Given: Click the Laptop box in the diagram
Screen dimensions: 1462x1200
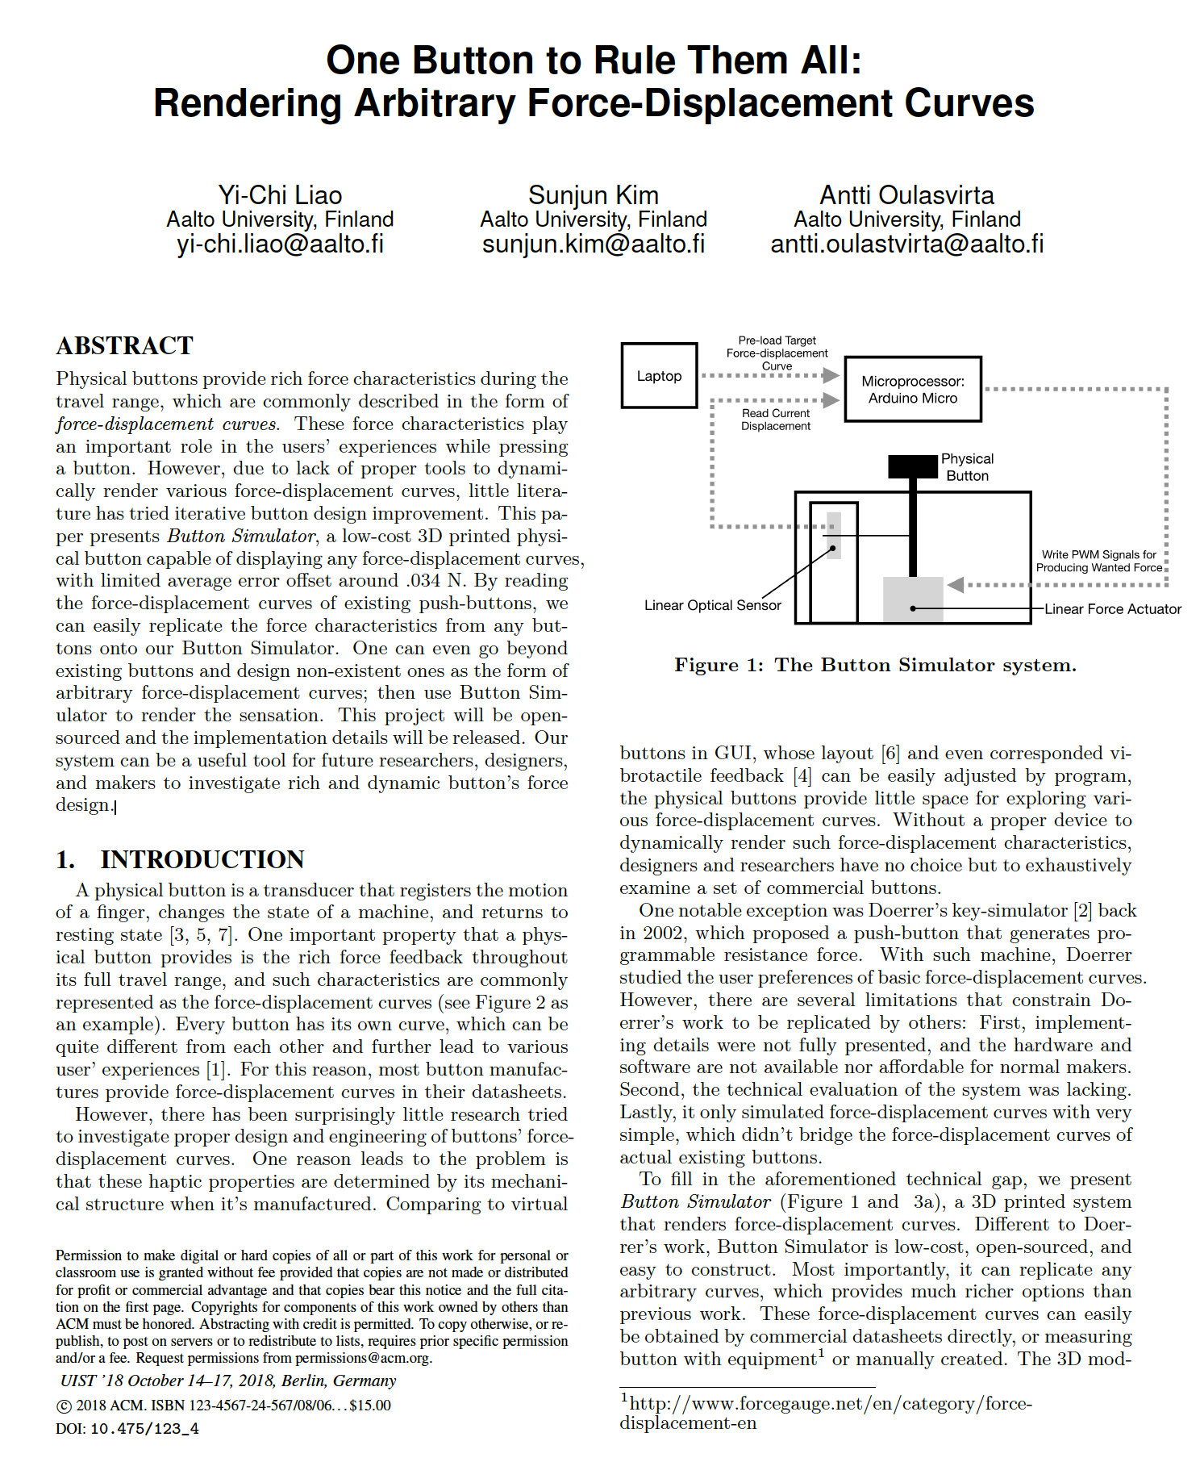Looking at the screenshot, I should tap(659, 376).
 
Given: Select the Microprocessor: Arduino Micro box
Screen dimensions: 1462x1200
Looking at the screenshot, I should tap(912, 390).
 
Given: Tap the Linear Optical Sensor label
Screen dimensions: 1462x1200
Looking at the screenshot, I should tap(712, 605).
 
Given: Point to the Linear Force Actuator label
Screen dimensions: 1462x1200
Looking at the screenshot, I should tap(1112, 609).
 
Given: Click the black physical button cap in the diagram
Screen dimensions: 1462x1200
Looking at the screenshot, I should tap(913, 466).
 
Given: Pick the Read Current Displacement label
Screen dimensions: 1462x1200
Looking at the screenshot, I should tap(775, 420).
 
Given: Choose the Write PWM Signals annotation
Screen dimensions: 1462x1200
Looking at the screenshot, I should tap(1098, 561).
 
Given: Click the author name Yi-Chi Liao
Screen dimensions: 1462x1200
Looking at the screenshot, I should tap(280, 195).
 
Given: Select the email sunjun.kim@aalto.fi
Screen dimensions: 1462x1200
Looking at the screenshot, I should tap(593, 244).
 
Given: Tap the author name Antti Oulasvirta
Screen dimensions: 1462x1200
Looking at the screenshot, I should tap(906, 195).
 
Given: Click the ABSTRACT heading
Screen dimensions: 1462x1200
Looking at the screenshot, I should tap(124, 346).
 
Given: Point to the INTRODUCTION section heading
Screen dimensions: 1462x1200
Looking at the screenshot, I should tap(202, 860).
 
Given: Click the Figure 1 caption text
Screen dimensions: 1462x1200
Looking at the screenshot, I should tap(875, 665).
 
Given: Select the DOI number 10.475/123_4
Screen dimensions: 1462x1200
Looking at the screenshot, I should tap(144, 1429).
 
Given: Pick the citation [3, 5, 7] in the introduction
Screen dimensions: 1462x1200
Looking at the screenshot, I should tap(202, 935).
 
